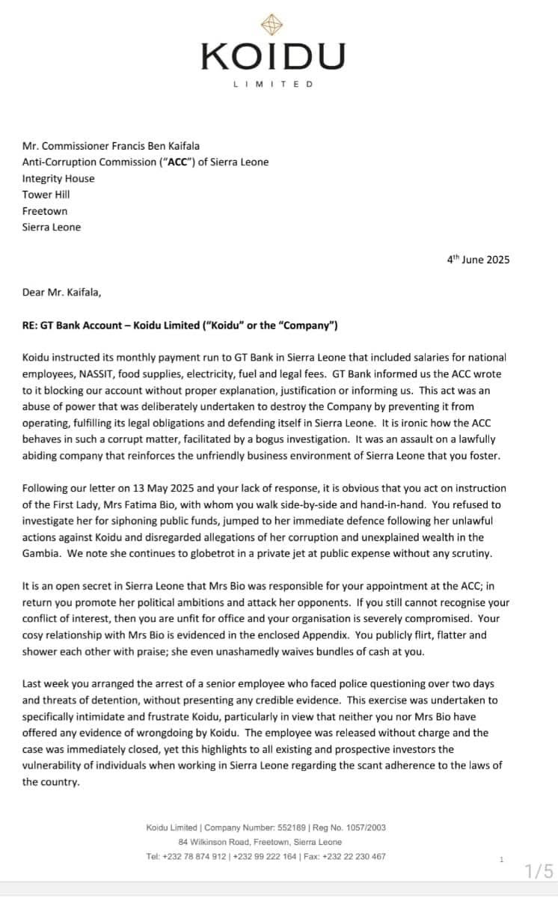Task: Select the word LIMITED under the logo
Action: point(273,84)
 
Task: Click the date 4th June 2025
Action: point(478,260)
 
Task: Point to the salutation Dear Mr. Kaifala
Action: point(61,292)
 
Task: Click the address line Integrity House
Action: point(58,178)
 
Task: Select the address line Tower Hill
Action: point(46,195)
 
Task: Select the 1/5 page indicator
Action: point(539,871)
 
